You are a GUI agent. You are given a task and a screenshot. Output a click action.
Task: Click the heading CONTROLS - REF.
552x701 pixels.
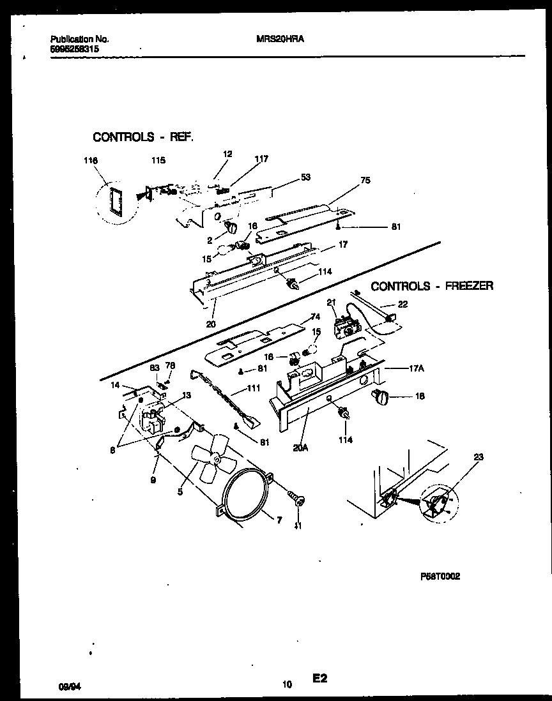tap(142, 137)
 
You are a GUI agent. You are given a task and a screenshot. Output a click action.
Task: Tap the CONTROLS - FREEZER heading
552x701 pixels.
tap(432, 286)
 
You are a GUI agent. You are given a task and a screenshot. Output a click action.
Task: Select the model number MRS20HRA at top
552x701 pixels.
tap(284, 38)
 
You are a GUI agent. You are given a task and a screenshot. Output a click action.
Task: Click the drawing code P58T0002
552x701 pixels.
tap(440, 576)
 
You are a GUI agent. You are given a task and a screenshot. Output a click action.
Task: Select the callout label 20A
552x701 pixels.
tap(301, 447)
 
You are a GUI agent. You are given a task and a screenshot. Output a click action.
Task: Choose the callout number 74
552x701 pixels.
tap(314, 317)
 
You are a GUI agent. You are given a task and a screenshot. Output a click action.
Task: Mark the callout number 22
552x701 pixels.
tap(402, 305)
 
